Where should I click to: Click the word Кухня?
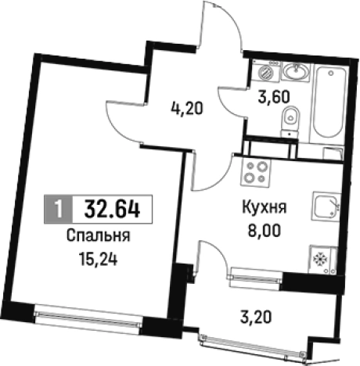click(262, 209)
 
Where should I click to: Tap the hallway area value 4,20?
click(187, 109)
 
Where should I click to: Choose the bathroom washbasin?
click(295, 72)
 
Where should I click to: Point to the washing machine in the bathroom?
click(268, 71)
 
